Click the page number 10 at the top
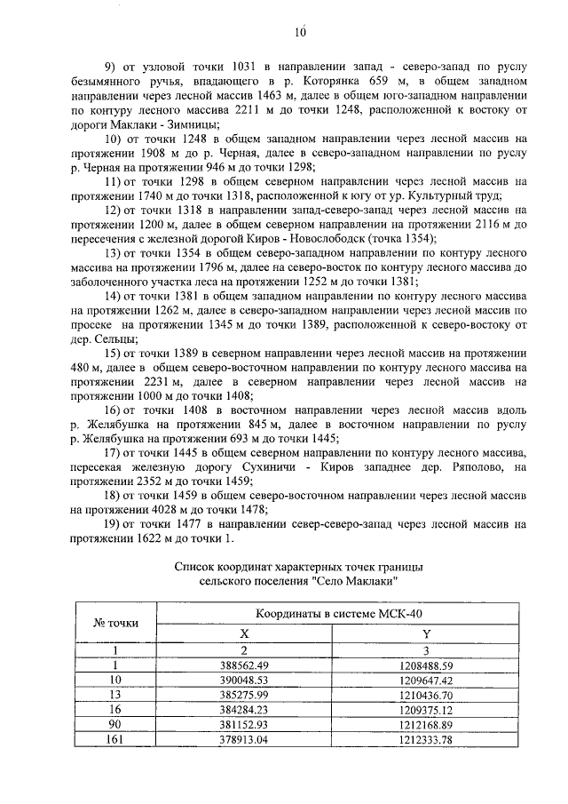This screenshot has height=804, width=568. (300, 33)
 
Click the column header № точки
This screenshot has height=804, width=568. (115, 622)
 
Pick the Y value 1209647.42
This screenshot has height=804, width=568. (426, 680)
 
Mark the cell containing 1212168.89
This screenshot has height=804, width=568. (426, 724)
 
